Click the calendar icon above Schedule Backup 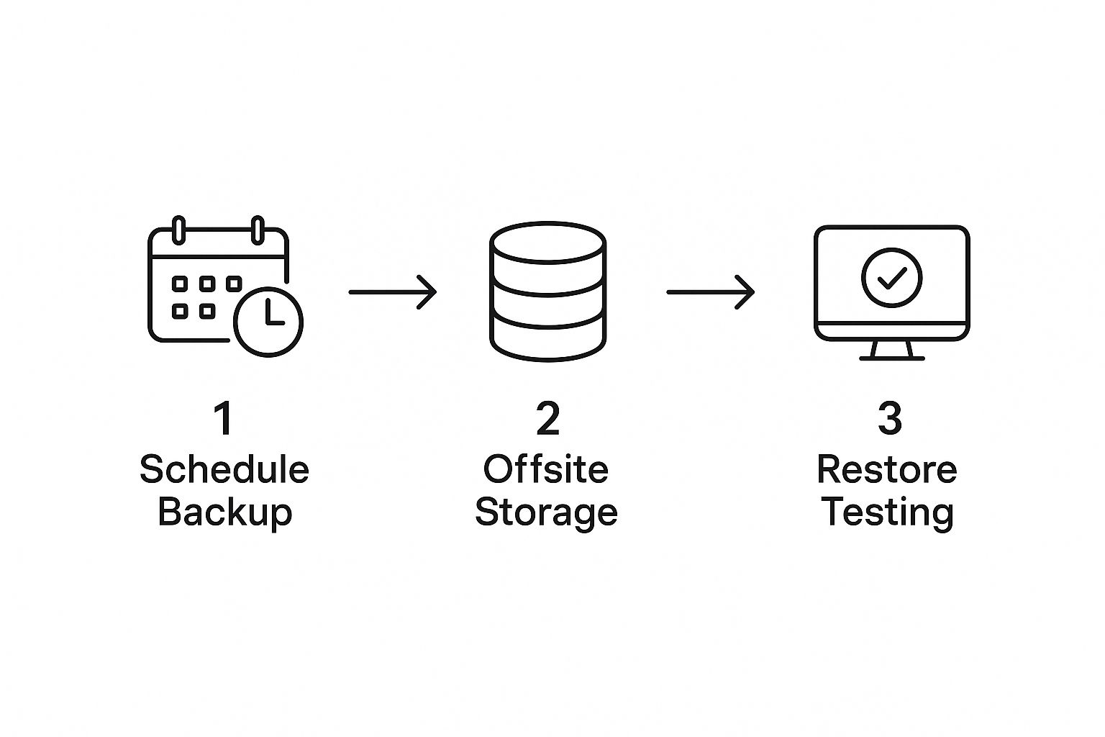pos(150,286)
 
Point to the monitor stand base pos(892,358)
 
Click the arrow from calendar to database pos(393,292)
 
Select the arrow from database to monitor pos(710,292)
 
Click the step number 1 pos(224,418)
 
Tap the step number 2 pos(548,418)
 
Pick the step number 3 pos(890,418)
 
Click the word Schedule pos(224,469)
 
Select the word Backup pos(225,513)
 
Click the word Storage pos(546,513)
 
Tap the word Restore pos(887,469)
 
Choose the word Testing pos(887,513)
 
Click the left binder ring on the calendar pos(178,230)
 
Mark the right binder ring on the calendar pos(258,230)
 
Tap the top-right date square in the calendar pos(234,284)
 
